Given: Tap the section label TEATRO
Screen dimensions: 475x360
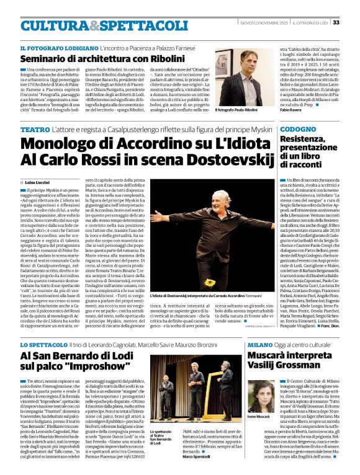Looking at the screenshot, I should pos(35,129).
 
